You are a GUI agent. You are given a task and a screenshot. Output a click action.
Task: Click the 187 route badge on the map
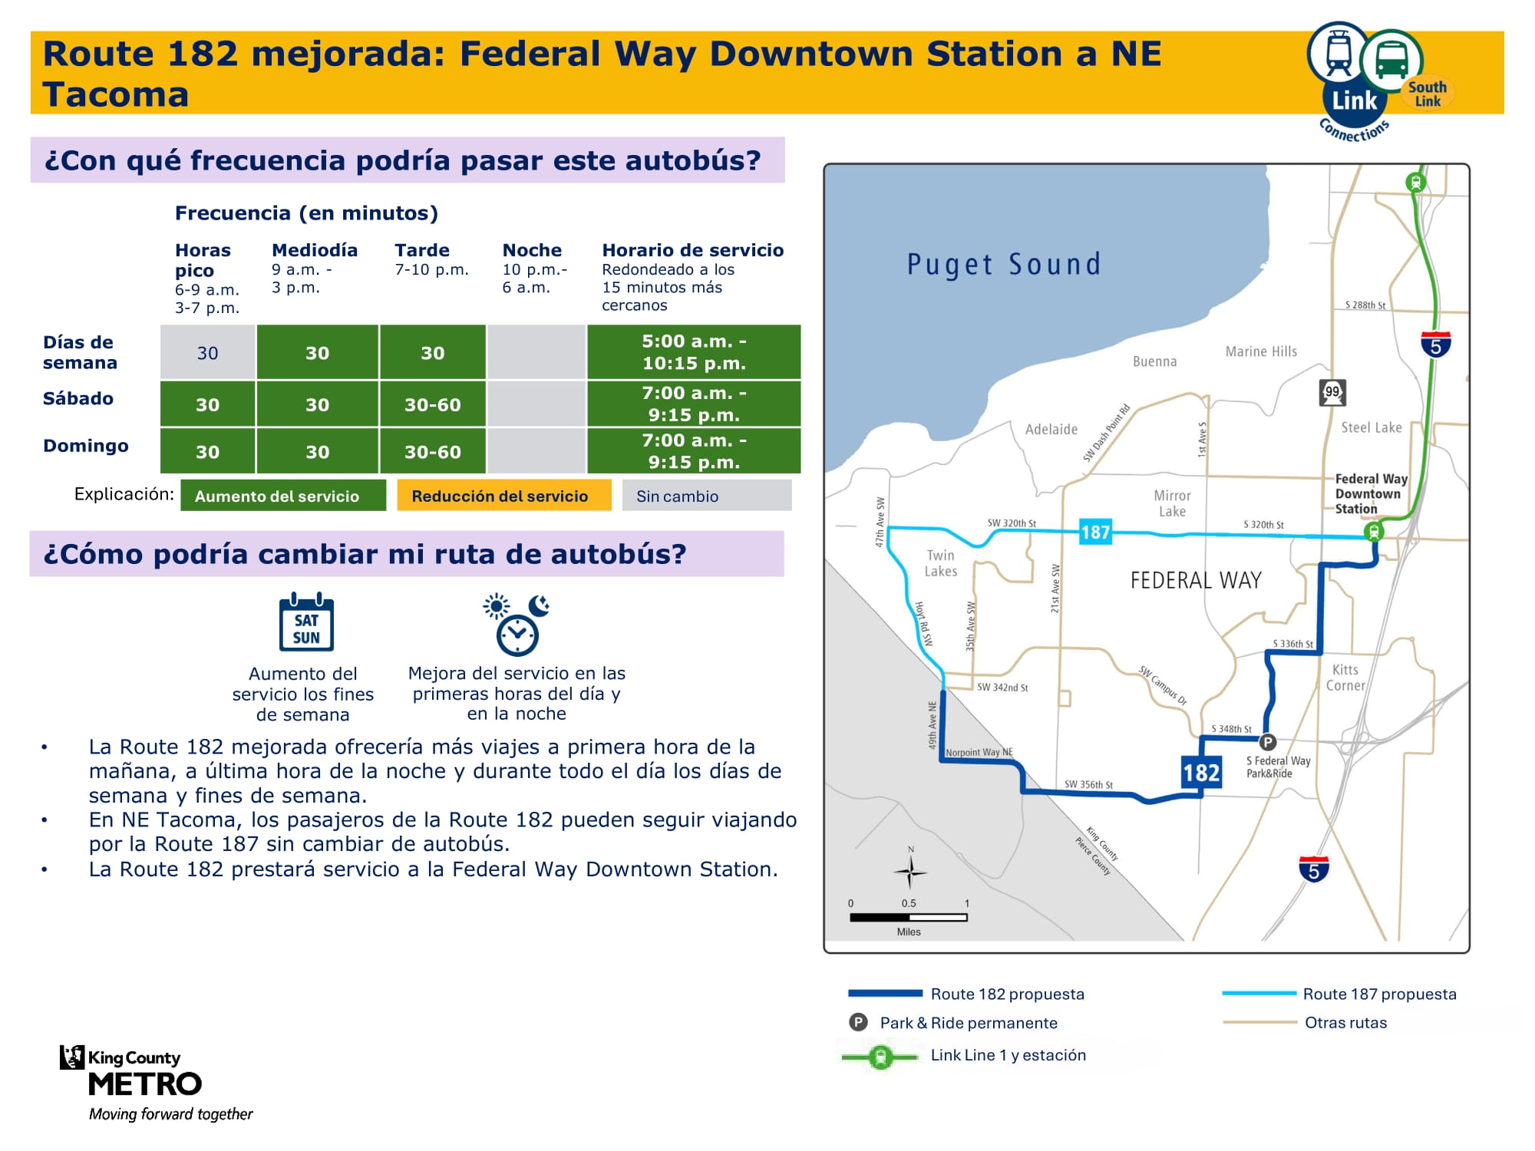pos(1095,532)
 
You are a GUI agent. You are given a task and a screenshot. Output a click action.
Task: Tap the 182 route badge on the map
pos(1201,772)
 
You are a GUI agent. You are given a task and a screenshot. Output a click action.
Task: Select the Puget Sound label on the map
pos(1004,265)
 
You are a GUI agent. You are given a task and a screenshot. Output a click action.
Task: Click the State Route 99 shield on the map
pos(1332,392)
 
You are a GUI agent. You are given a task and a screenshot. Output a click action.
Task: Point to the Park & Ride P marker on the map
pos(1267,742)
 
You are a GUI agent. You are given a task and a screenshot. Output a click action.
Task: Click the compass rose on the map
pos(911,871)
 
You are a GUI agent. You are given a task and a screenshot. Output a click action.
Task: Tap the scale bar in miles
pos(909,917)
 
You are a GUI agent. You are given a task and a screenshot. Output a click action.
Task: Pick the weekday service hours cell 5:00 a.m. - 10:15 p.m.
pos(694,352)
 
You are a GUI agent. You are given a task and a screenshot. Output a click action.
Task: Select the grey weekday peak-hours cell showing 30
pos(208,352)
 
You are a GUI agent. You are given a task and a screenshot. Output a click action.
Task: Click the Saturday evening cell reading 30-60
pos(433,404)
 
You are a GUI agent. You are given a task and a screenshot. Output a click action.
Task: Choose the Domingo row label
pos(86,446)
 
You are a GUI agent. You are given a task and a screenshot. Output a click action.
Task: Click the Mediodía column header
pos(315,250)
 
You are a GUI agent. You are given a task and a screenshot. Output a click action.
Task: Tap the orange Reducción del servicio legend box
pos(504,496)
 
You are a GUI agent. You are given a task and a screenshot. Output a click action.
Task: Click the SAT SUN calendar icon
pos(306,622)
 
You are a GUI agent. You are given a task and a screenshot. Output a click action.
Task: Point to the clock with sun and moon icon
pos(517,625)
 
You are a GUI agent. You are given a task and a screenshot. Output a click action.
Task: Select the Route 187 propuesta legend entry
pos(1339,994)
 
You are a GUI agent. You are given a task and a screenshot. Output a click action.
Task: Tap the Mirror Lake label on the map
pos(1172,503)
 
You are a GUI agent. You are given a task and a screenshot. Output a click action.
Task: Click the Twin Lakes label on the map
pos(940,563)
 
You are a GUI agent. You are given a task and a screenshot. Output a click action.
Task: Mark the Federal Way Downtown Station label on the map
pos(1372,493)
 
